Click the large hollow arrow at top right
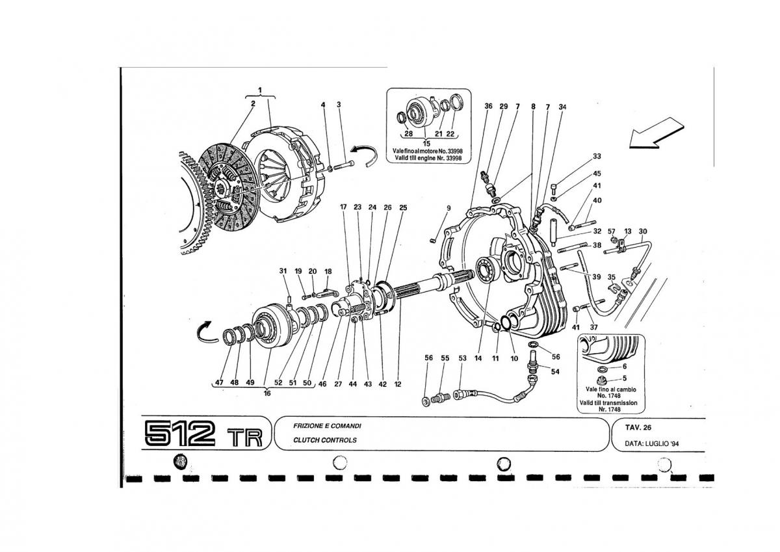point(656,133)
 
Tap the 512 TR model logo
point(203,434)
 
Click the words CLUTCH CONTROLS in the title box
point(325,440)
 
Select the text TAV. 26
point(638,428)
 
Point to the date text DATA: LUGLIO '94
point(652,443)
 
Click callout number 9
point(448,208)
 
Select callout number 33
point(597,157)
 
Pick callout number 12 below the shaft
point(398,384)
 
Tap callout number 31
point(283,271)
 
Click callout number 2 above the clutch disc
point(253,103)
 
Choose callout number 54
point(555,372)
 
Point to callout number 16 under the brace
point(267,393)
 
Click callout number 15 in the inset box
point(426,144)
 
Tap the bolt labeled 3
point(344,165)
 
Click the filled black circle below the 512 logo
point(181,461)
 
